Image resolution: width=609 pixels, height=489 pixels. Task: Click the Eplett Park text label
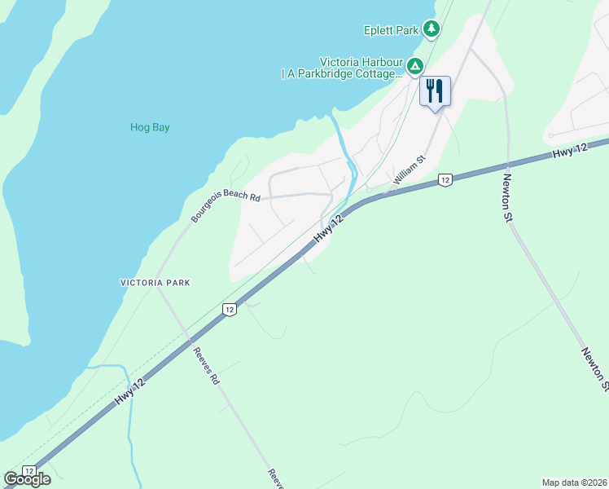tap(391, 31)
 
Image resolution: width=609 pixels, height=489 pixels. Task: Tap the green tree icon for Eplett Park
tap(432, 30)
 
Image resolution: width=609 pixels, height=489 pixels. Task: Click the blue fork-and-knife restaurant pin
tap(435, 90)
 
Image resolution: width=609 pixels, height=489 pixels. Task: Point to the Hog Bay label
tap(150, 127)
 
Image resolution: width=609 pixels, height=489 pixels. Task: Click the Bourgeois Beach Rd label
tap(226, 207)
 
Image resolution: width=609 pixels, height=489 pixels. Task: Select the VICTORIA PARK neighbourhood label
tap(155, 283)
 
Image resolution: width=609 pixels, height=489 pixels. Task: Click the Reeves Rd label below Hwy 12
tap(207, 367)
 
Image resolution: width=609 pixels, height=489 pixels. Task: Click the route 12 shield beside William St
tap(445, 179)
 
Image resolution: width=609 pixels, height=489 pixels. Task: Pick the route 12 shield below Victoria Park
tap(230, 310)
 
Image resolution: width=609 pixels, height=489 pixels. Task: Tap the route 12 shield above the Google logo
tap(29, 471)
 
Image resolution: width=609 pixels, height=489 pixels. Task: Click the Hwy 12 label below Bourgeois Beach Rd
tap(326, 227)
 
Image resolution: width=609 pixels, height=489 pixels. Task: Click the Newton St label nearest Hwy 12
tap(508, 194)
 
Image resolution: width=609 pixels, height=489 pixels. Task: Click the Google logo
tap(27, 479)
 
